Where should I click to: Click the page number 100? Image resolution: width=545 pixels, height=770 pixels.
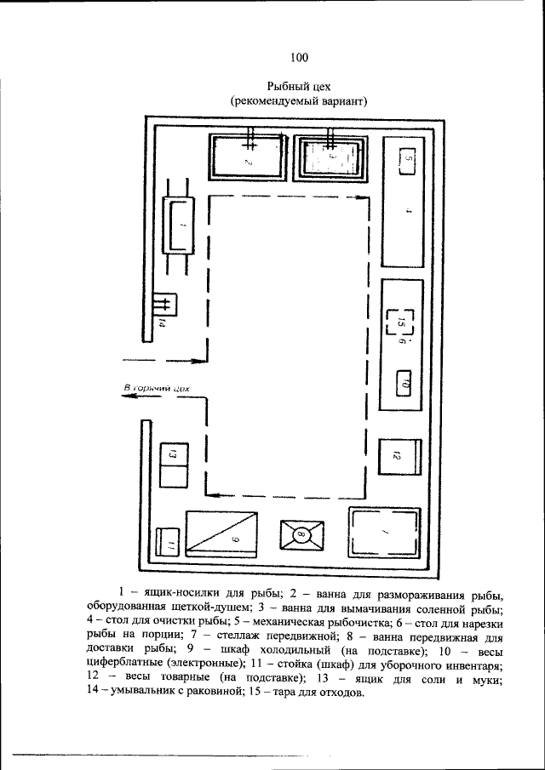(298, 58)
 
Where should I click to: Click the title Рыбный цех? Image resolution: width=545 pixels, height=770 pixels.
(298, 86)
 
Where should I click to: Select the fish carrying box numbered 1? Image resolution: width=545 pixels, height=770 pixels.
(179, 225)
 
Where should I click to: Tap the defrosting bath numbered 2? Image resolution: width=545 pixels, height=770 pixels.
(248, 157)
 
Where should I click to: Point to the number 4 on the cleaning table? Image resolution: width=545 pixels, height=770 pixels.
(408, 210)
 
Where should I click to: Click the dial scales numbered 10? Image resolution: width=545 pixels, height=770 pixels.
(405, 383)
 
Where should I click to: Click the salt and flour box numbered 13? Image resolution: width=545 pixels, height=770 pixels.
(172, 465)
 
